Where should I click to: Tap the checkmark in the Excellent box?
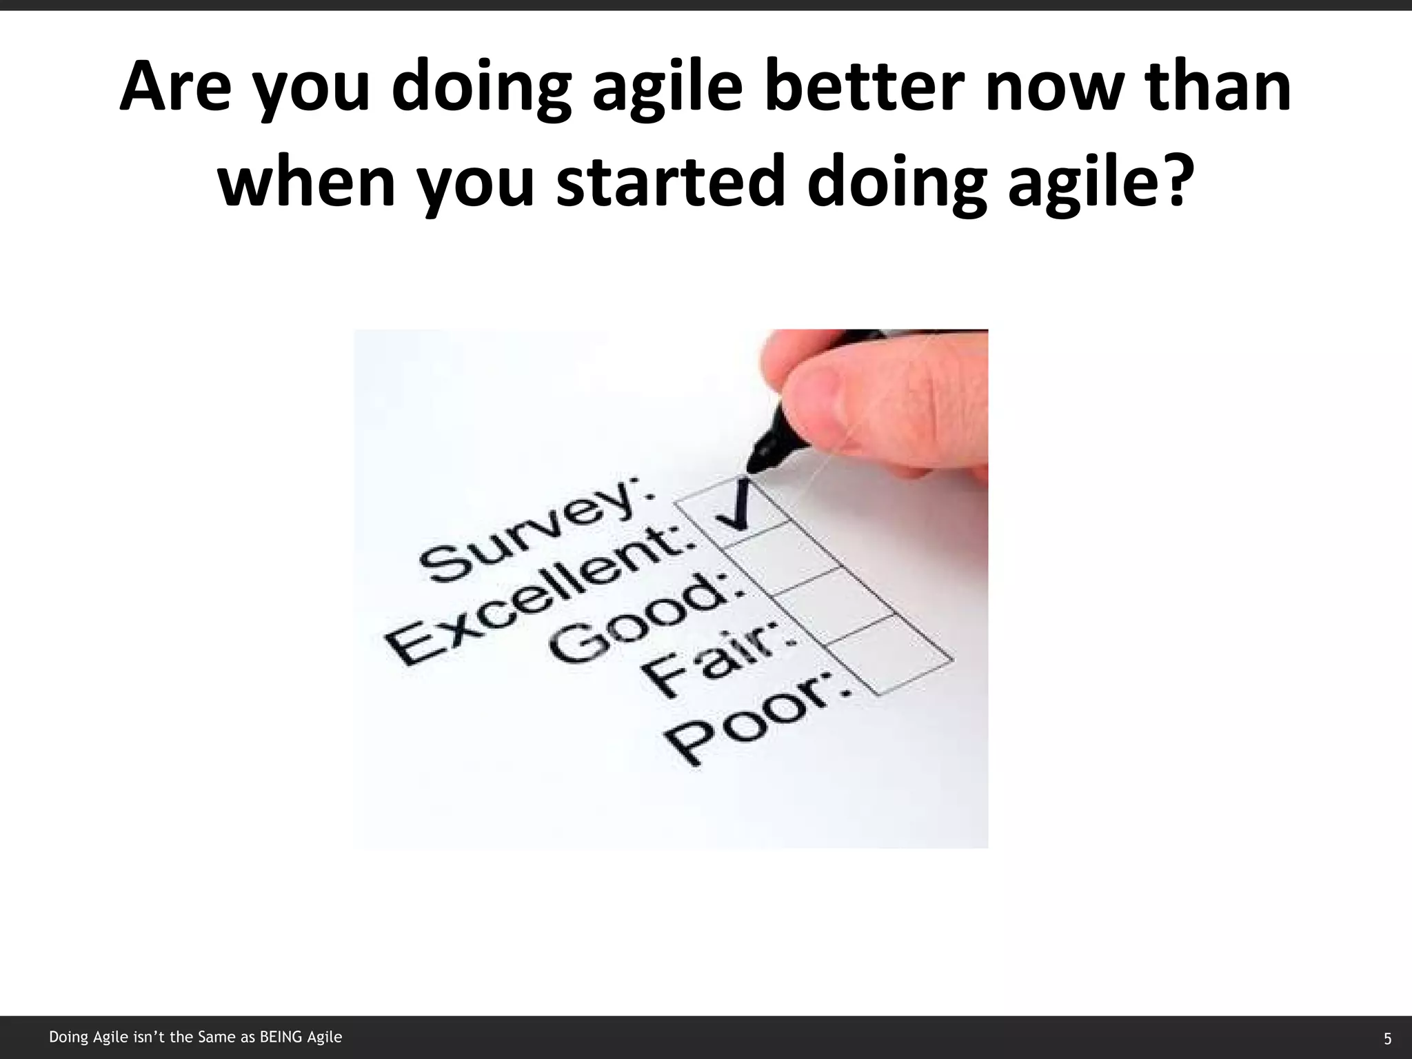pyautogui.click(x=736, y=508)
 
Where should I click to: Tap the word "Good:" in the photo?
pyautogui.click(x=641, y=624)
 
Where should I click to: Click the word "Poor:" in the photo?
pyautogui.click(x=758, y=717)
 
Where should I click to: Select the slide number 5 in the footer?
pyautogui.click(x=1387, y=1038)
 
